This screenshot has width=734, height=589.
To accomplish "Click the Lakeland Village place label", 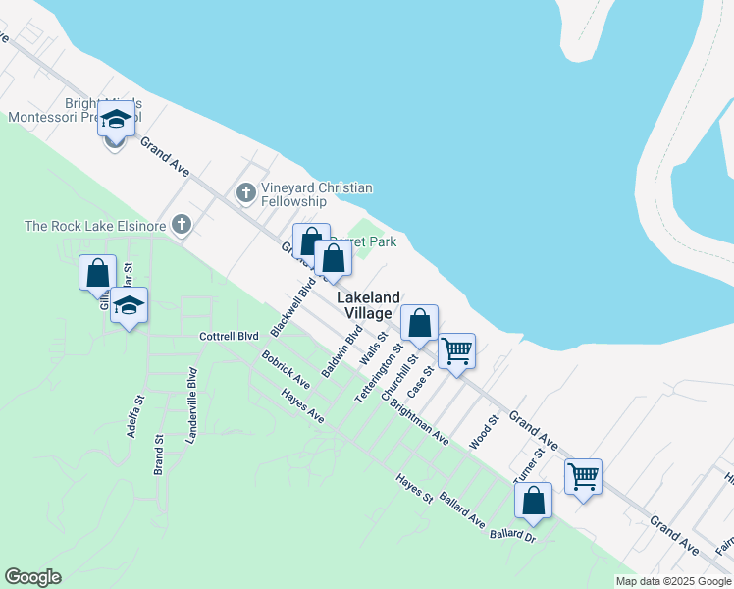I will tap(369, 305).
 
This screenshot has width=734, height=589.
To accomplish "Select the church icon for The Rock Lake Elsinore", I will tap(180, 226).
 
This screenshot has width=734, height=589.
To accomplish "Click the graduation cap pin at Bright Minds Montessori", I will tap(115, 122).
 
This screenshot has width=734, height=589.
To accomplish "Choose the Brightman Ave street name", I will tap(419, 421).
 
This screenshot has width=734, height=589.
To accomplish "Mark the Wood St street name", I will tap(485, 431).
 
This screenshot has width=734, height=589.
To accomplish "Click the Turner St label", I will tap(531, 463).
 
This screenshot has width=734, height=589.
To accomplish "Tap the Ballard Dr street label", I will tap(513, 536).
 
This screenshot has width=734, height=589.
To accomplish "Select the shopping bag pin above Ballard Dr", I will tap(533, 500).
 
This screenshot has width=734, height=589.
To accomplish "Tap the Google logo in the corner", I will tap(32, 577).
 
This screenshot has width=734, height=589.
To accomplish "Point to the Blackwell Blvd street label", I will tap(293, 304).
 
